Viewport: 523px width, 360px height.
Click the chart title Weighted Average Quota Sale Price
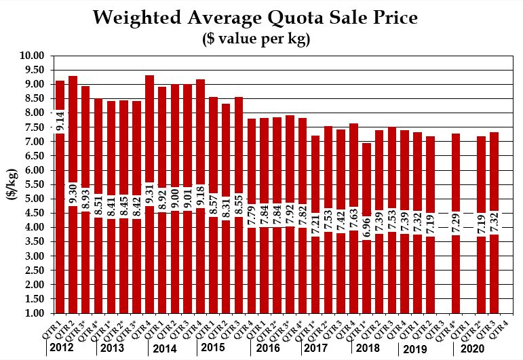coord(261,16)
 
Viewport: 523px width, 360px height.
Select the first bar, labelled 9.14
coord(60,258)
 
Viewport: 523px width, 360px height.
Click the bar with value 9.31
coord(150,258)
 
